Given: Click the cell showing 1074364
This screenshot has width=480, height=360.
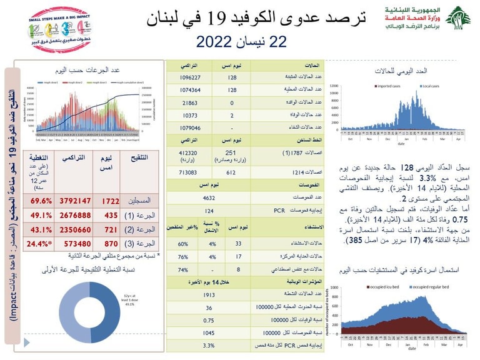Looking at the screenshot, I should pyautogui.click(x=189, y=90).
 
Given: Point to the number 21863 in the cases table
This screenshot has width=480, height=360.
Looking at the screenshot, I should pyautogui.click(x=189, y=102).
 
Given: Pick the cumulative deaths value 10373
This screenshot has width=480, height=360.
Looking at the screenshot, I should pyautogui.click(x=189, y=116).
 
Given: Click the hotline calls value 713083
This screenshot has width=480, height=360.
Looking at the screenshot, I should pyautogui.click(x=189, y=172).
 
